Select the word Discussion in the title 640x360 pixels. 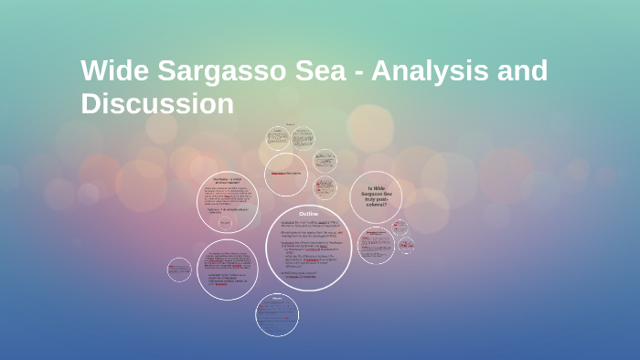(157, 103)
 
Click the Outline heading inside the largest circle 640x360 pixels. (308, 213)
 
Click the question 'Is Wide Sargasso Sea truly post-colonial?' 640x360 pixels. (375, 196)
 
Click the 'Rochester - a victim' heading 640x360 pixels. (227, 180)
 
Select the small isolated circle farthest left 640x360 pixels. (179, 270)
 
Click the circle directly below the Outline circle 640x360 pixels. (276, 314)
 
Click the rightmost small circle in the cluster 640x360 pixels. (406, 245)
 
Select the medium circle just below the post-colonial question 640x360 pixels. (376, 246)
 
